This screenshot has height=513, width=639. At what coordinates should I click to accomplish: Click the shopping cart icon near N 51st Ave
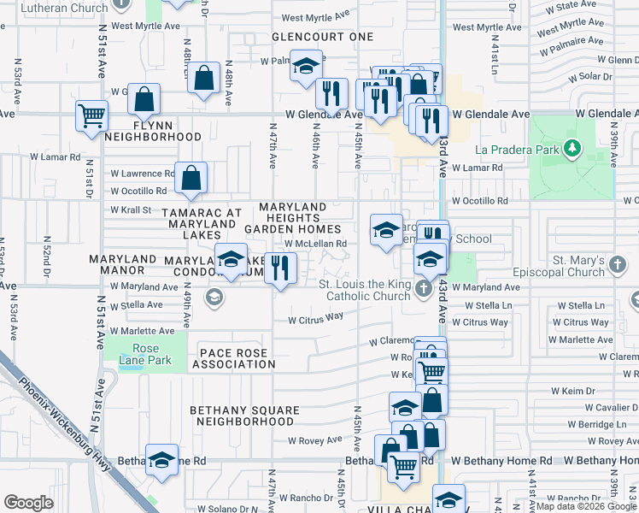click(x=91, y=115)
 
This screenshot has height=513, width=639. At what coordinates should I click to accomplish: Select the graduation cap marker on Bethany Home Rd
click(x=161, y=460)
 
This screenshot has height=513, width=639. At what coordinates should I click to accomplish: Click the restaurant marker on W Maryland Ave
click(x=280, y=268)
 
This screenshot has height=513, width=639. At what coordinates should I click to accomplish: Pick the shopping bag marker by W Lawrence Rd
click(x=192, y=178)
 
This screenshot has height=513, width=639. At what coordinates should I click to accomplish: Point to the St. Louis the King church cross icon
click(x=423, y=291)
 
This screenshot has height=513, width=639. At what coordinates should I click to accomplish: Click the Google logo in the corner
click(x=28, y=502)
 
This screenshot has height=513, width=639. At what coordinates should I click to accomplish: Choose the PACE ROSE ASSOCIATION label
click(x=233, y=358)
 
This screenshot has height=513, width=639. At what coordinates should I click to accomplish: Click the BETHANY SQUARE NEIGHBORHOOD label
click(x=244, y=416)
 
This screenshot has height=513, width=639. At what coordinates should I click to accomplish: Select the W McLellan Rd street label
click(x=315, y=243)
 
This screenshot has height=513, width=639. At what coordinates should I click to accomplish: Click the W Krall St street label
click(x=130, y=209)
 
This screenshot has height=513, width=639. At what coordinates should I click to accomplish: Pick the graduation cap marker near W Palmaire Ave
click(x=305, y=66)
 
